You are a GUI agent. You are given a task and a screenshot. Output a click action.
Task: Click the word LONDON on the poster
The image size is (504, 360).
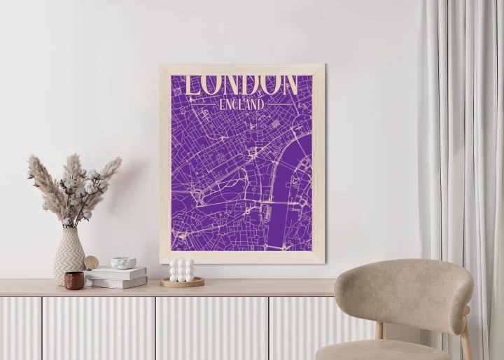coord(241,84)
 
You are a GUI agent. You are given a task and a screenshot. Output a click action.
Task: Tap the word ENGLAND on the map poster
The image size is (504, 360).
coord(241,104)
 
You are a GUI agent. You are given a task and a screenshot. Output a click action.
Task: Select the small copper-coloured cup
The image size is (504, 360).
coord(74,280)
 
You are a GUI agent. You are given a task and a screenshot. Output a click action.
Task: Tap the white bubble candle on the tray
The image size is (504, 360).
coord(181,270)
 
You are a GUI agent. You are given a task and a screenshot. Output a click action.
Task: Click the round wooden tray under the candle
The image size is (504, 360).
coord(181,282)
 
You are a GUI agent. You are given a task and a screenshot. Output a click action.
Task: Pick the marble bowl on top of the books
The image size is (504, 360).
coord(124,263)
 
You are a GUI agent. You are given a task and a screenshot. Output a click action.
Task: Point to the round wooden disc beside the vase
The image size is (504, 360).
coord(92,263)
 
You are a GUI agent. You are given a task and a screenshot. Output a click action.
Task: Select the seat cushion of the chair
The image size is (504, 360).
coord(381,350)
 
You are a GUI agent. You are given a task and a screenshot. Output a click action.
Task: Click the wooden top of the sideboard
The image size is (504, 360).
coord(210,288)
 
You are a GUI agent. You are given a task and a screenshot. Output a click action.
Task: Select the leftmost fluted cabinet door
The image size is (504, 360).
coord(20,329)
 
